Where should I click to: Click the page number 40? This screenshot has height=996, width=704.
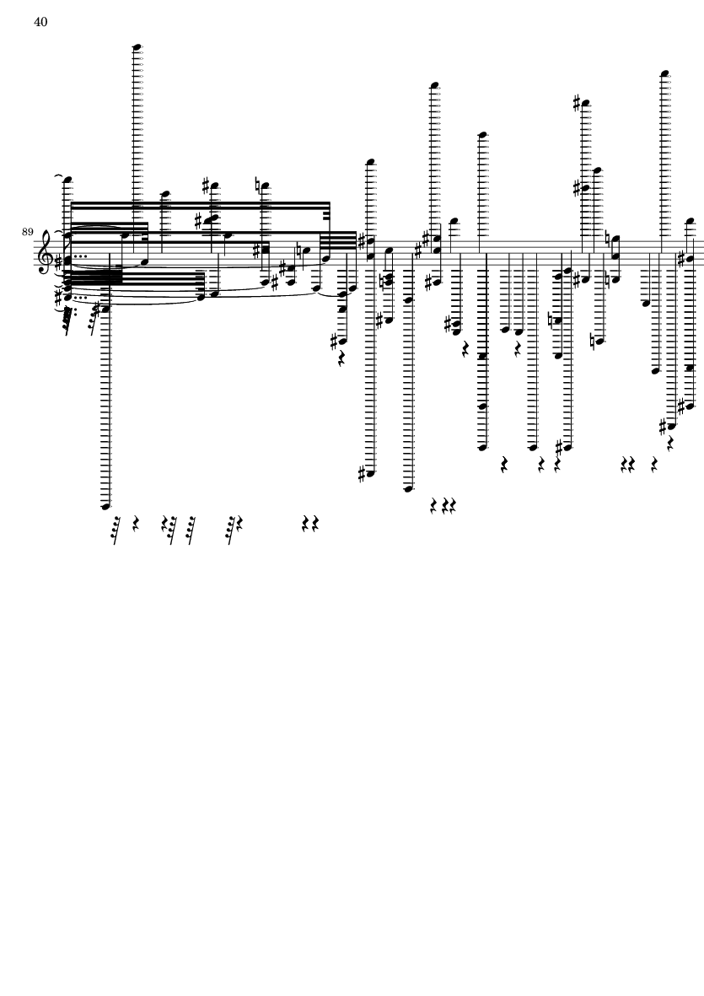tap(40, 22)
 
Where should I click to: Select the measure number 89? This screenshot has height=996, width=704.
tap(27, 232)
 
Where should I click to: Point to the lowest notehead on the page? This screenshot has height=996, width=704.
tap(106, 506)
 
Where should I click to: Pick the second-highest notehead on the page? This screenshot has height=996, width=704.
tap(664, 73)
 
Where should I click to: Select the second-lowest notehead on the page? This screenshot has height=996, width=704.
tap(408, 488)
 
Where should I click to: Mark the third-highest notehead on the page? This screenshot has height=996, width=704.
tap(435, 84)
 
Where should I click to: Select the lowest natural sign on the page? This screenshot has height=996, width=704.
tap(593, 342)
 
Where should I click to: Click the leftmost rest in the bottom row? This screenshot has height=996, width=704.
tap(116, 530)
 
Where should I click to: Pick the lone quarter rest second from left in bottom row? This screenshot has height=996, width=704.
tap(136, 524)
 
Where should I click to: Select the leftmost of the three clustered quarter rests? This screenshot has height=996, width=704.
tap(434, 506)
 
